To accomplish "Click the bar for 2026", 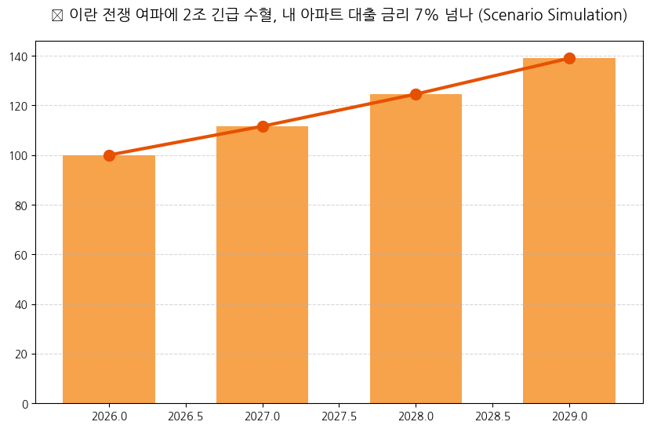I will [x=109, y=279].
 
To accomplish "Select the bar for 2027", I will [x=263, y=265].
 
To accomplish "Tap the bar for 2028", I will [x=416, y=249].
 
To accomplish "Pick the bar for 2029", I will [x=569, y=231].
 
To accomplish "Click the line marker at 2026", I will [x=109, y=155].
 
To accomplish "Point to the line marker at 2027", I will [x=263, y=126].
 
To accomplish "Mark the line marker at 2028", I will [x=416, y=94].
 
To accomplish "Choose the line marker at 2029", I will [x=569, y=58].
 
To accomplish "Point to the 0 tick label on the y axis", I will [x=26, y=404].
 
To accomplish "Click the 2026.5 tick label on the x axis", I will [x=186, y=416].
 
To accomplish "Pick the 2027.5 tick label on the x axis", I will [x=340, y=416].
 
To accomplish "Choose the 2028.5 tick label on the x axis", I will [x=492, y=416].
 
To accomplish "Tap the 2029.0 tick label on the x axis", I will [x=569, y=416].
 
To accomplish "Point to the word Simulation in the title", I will [x=586, y=16].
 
